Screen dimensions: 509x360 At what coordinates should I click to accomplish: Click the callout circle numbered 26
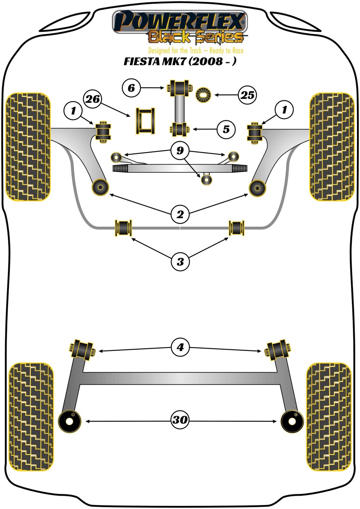(93, 99)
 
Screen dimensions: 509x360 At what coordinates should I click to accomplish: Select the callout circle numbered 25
(247, 95)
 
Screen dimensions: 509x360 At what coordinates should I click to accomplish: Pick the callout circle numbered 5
(226, 129)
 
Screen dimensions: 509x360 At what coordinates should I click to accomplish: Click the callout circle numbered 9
(180, 151)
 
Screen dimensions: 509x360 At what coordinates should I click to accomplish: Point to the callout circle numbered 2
(180, 214)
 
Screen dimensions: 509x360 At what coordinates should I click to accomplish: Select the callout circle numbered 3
(180, 262)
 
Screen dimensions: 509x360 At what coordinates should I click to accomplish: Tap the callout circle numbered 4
(180, 347)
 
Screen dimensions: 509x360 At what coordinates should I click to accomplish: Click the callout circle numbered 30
(180, 420)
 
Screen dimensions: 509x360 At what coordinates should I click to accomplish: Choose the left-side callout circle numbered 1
(73, 111)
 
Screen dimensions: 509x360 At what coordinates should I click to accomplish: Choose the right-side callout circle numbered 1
(284, 110)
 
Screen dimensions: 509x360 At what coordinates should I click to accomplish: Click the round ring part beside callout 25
(203, 95)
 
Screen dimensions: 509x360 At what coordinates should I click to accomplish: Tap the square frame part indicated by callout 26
(145, 121)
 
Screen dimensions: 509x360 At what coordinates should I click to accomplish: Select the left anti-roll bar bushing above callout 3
(123, 228)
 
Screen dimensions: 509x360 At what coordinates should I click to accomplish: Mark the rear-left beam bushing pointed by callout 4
(82, 350)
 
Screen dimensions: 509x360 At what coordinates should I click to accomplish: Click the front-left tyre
(28, 147)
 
